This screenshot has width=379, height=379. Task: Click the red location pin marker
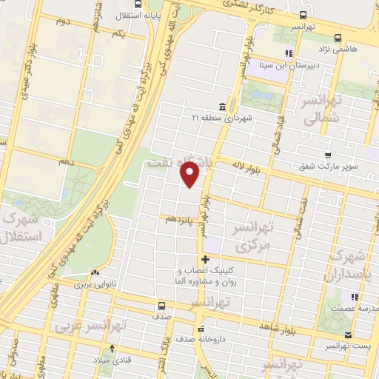tap(191, 175)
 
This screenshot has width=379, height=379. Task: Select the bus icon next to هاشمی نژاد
tap(338, 37)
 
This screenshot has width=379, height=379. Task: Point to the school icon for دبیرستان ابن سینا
tap(289, 53)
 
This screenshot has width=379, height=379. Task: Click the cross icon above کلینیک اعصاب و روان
tap(205, 259)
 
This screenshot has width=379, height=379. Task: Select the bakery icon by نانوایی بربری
tap(95, 272)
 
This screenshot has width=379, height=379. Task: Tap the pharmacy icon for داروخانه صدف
tap(200, 329)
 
